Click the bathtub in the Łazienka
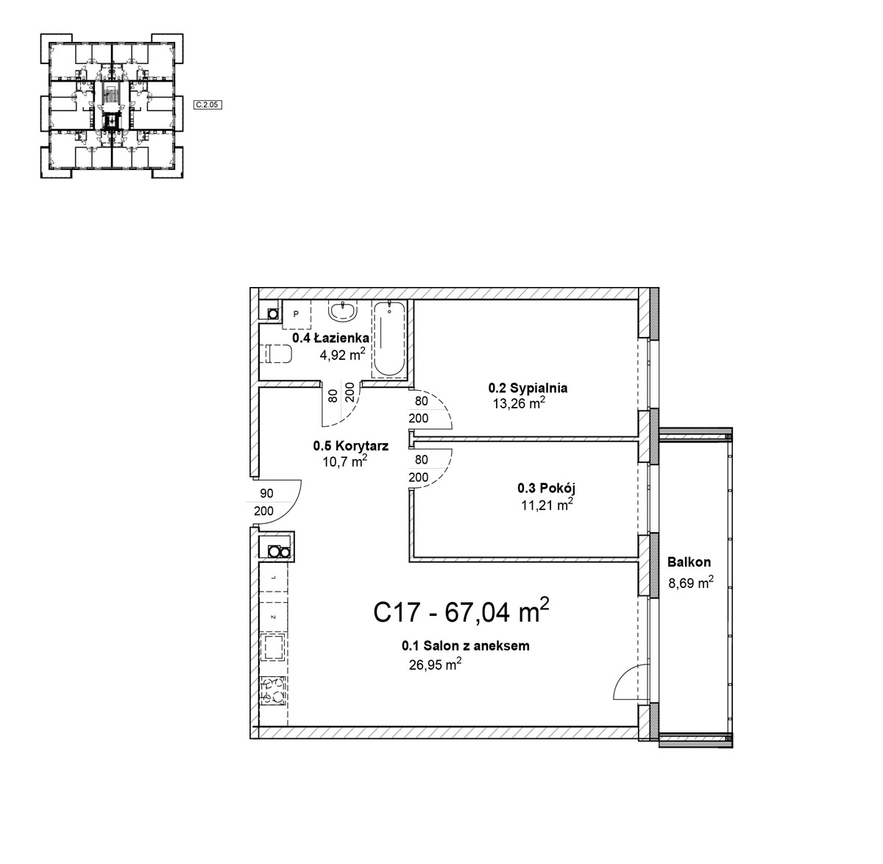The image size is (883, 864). tap(389, 339)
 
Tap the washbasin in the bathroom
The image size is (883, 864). tap(343, 311)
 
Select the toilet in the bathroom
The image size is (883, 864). tap(277, 353)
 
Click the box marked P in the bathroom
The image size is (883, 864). tap(297, 314)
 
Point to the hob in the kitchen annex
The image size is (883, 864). tap(273, 690)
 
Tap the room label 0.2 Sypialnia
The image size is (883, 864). tap(528, 388)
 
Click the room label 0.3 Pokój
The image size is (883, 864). tap(546, 488)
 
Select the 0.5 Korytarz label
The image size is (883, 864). tap(351, 446)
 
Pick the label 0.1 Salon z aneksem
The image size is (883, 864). tap(466, 645)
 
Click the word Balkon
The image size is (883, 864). tap(689, 562)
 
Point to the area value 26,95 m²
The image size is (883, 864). tap(435, 665)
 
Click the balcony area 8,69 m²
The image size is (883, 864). tap(691, 582)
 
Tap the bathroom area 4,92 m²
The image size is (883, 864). tap(343, 354)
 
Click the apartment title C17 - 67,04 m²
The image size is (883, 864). tap(461, 612)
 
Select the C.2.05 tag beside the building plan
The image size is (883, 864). tap(208, 105)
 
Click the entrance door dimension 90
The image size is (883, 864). tap(267, 493)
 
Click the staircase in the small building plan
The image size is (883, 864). tap(110, 96)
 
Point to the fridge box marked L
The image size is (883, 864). tap(273, 578)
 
